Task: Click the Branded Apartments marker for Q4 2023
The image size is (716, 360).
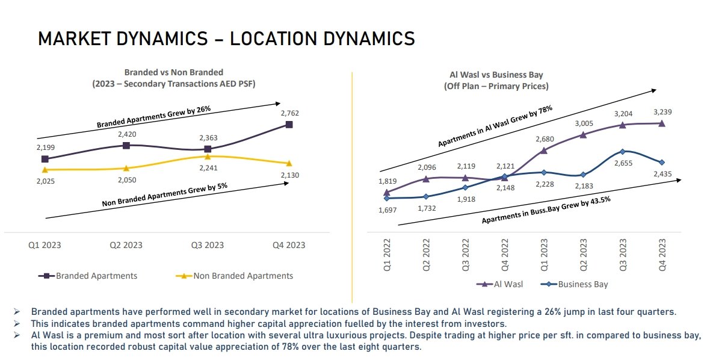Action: click(289, 125)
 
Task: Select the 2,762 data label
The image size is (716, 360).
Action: click(289, 113)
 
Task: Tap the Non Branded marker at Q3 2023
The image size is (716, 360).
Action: click(208, 157)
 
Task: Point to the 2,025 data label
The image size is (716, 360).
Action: click(45, 181)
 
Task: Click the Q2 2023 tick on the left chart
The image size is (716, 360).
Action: click(126, 245)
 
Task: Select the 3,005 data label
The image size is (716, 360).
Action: click(583, 123)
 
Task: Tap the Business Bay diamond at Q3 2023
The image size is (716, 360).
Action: click(623, 151)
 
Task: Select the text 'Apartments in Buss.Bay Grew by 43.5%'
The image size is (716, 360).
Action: click(546, 210)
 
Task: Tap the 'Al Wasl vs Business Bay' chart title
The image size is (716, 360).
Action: click(496, 75)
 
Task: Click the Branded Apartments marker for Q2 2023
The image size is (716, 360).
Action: click(126, 146)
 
